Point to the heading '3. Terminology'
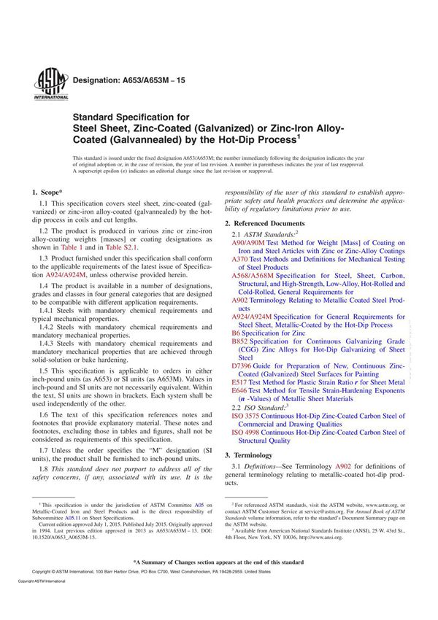250,454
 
